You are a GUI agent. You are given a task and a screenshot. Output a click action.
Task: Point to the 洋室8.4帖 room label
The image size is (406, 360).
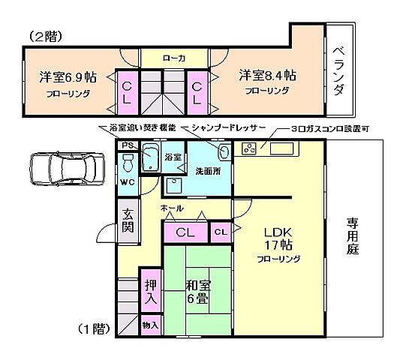pos(267,76)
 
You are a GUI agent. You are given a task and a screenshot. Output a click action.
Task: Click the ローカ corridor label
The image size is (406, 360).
pos(174,58)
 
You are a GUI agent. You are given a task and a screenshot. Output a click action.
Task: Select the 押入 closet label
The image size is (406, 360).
pos(151,292)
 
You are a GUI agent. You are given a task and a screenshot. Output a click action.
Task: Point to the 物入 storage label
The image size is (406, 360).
pos(150,325)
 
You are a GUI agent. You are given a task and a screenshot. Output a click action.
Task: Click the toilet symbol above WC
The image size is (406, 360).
pos(128,161)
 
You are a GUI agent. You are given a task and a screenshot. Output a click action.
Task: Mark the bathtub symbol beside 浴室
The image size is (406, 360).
pos(149,157)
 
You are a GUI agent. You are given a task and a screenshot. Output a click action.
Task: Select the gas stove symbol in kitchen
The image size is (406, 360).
pos(250,148)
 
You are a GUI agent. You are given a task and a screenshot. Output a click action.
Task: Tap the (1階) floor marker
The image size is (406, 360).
pos(94,328)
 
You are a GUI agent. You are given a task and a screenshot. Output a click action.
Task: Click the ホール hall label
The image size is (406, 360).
pos(171,208)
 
